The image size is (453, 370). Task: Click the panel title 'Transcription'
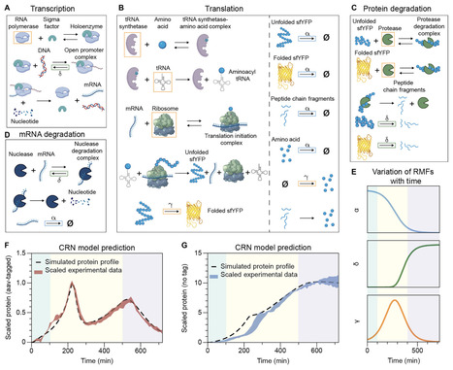click(x=49, y=6)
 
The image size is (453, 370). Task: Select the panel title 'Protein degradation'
click(x=400, y=6)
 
